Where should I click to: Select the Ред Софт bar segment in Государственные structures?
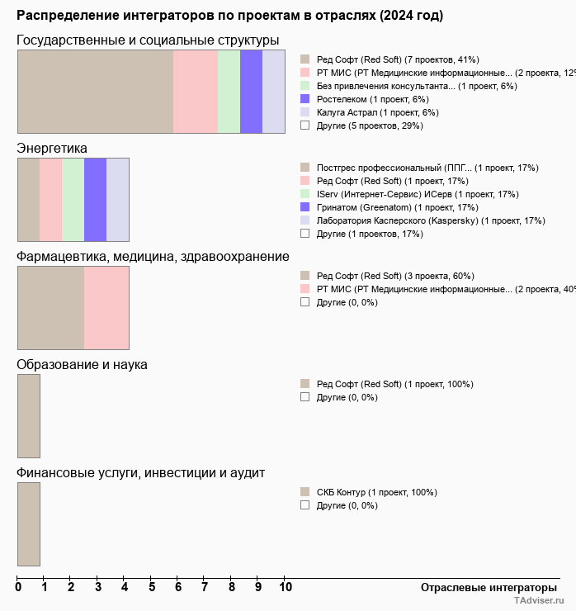[95, 91]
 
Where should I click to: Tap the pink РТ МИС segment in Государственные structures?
[196, 91]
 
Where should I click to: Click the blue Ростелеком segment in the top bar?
[251, 91]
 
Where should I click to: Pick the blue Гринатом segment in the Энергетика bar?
[95, 199]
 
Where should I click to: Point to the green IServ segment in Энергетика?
[73, 199]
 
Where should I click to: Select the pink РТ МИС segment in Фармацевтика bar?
[106, 307]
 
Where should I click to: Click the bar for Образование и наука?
[29, 415]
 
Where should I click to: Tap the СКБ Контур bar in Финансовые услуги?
[29, 523]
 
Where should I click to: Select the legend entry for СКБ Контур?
[376, 492]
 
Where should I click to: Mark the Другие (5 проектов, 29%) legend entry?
[369, 126]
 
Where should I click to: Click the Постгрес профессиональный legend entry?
[427, 168]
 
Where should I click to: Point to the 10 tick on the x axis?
[286, 587]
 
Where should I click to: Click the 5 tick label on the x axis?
[152, 587]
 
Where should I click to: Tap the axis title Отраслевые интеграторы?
[484, 587]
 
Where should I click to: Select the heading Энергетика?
[52, 149]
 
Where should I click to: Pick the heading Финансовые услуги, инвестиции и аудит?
[140, 473]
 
